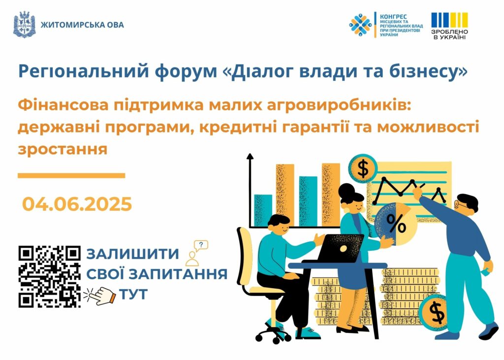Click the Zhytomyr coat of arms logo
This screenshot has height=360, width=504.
pyautogui.click(x=24, y=25)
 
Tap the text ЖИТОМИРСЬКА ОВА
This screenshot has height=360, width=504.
pyautogui.click(x=82, y=25)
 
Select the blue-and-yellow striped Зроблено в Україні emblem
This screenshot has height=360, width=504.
pyautogui.click(x=449, y=26)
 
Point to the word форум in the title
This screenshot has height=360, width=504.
pyautogui.click(x=186, y=71)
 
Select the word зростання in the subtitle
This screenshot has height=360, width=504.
pyautogui.click(x=63, y=150)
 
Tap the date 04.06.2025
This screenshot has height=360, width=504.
pyautogui.click(x=77, y=204)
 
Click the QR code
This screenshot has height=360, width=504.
pyautogui.click(x=50, y=277)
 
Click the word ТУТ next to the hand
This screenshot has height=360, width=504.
pyautogui.click(x=133, y=294)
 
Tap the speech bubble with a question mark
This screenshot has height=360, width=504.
pyautogui.click(x=201, y=245)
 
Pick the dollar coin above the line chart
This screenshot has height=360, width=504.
pyautogui.click(x=363, y=168)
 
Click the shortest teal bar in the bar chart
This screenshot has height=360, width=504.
pyautogui.click(x=263, y=210)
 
